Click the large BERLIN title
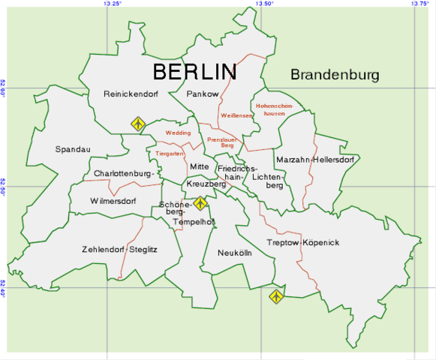click(x=194, y=72)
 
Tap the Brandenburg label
click(x=335, y=75)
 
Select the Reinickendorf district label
click(x=132, y=94)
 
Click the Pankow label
click(x=203, y=94)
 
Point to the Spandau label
click(x=73, y=149)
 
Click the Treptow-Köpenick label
click(x=303, y=243)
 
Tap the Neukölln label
click(x=235, y=253)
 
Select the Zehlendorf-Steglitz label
click(x=120, y=249)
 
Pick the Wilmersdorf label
click(x=113, y=201)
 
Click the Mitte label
click(x=199, y=166)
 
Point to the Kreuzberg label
click(x=206, y=184)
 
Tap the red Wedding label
click(x=178, y=133)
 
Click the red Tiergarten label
click(x=170, y=153)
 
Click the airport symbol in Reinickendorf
click(x=137, y=123)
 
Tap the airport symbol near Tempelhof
click(x=200, y=203)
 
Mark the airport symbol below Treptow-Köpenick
click(x=276, y=296)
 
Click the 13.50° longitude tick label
click(x=265, y=4)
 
